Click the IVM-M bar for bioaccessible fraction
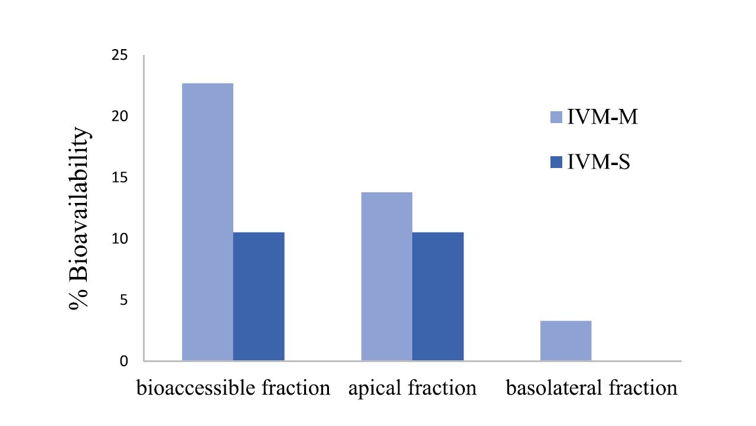pyautogui.click(x=207, y=222)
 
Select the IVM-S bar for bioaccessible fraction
pyautogui.click(x=259, y=296)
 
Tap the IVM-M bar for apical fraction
pyautogui.click(x=387, y=276)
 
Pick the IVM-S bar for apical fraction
pyautogui.click(x=438, y=296)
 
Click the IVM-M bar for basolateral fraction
pyautogui.click(x=566, y=341)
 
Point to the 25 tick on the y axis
pyautogui.click(x=119, y=56)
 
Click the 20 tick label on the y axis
pyautogui.click(x=119, y=117)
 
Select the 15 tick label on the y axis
pyautogui.click(x=119, y=178)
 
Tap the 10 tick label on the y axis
pyautogui.click(x=119, y=239)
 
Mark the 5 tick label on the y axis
pyautogui.click(x=123, y=300)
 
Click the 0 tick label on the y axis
pyautogui.click(x=123, y=361)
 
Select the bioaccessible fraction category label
pyautogui.click(x=233, y=389)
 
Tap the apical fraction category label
pyautogui.click(x=412, y=389)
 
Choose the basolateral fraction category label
pyautogui.click(x=591, y=389)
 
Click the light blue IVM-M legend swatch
pyautogui.click(x=556, y=117)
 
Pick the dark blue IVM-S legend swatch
pyautogui.click(x=556, y=162)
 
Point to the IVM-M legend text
pyautogui.click(x=602, y=117)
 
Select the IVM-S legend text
pyautogui.click(x=598, y=162)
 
